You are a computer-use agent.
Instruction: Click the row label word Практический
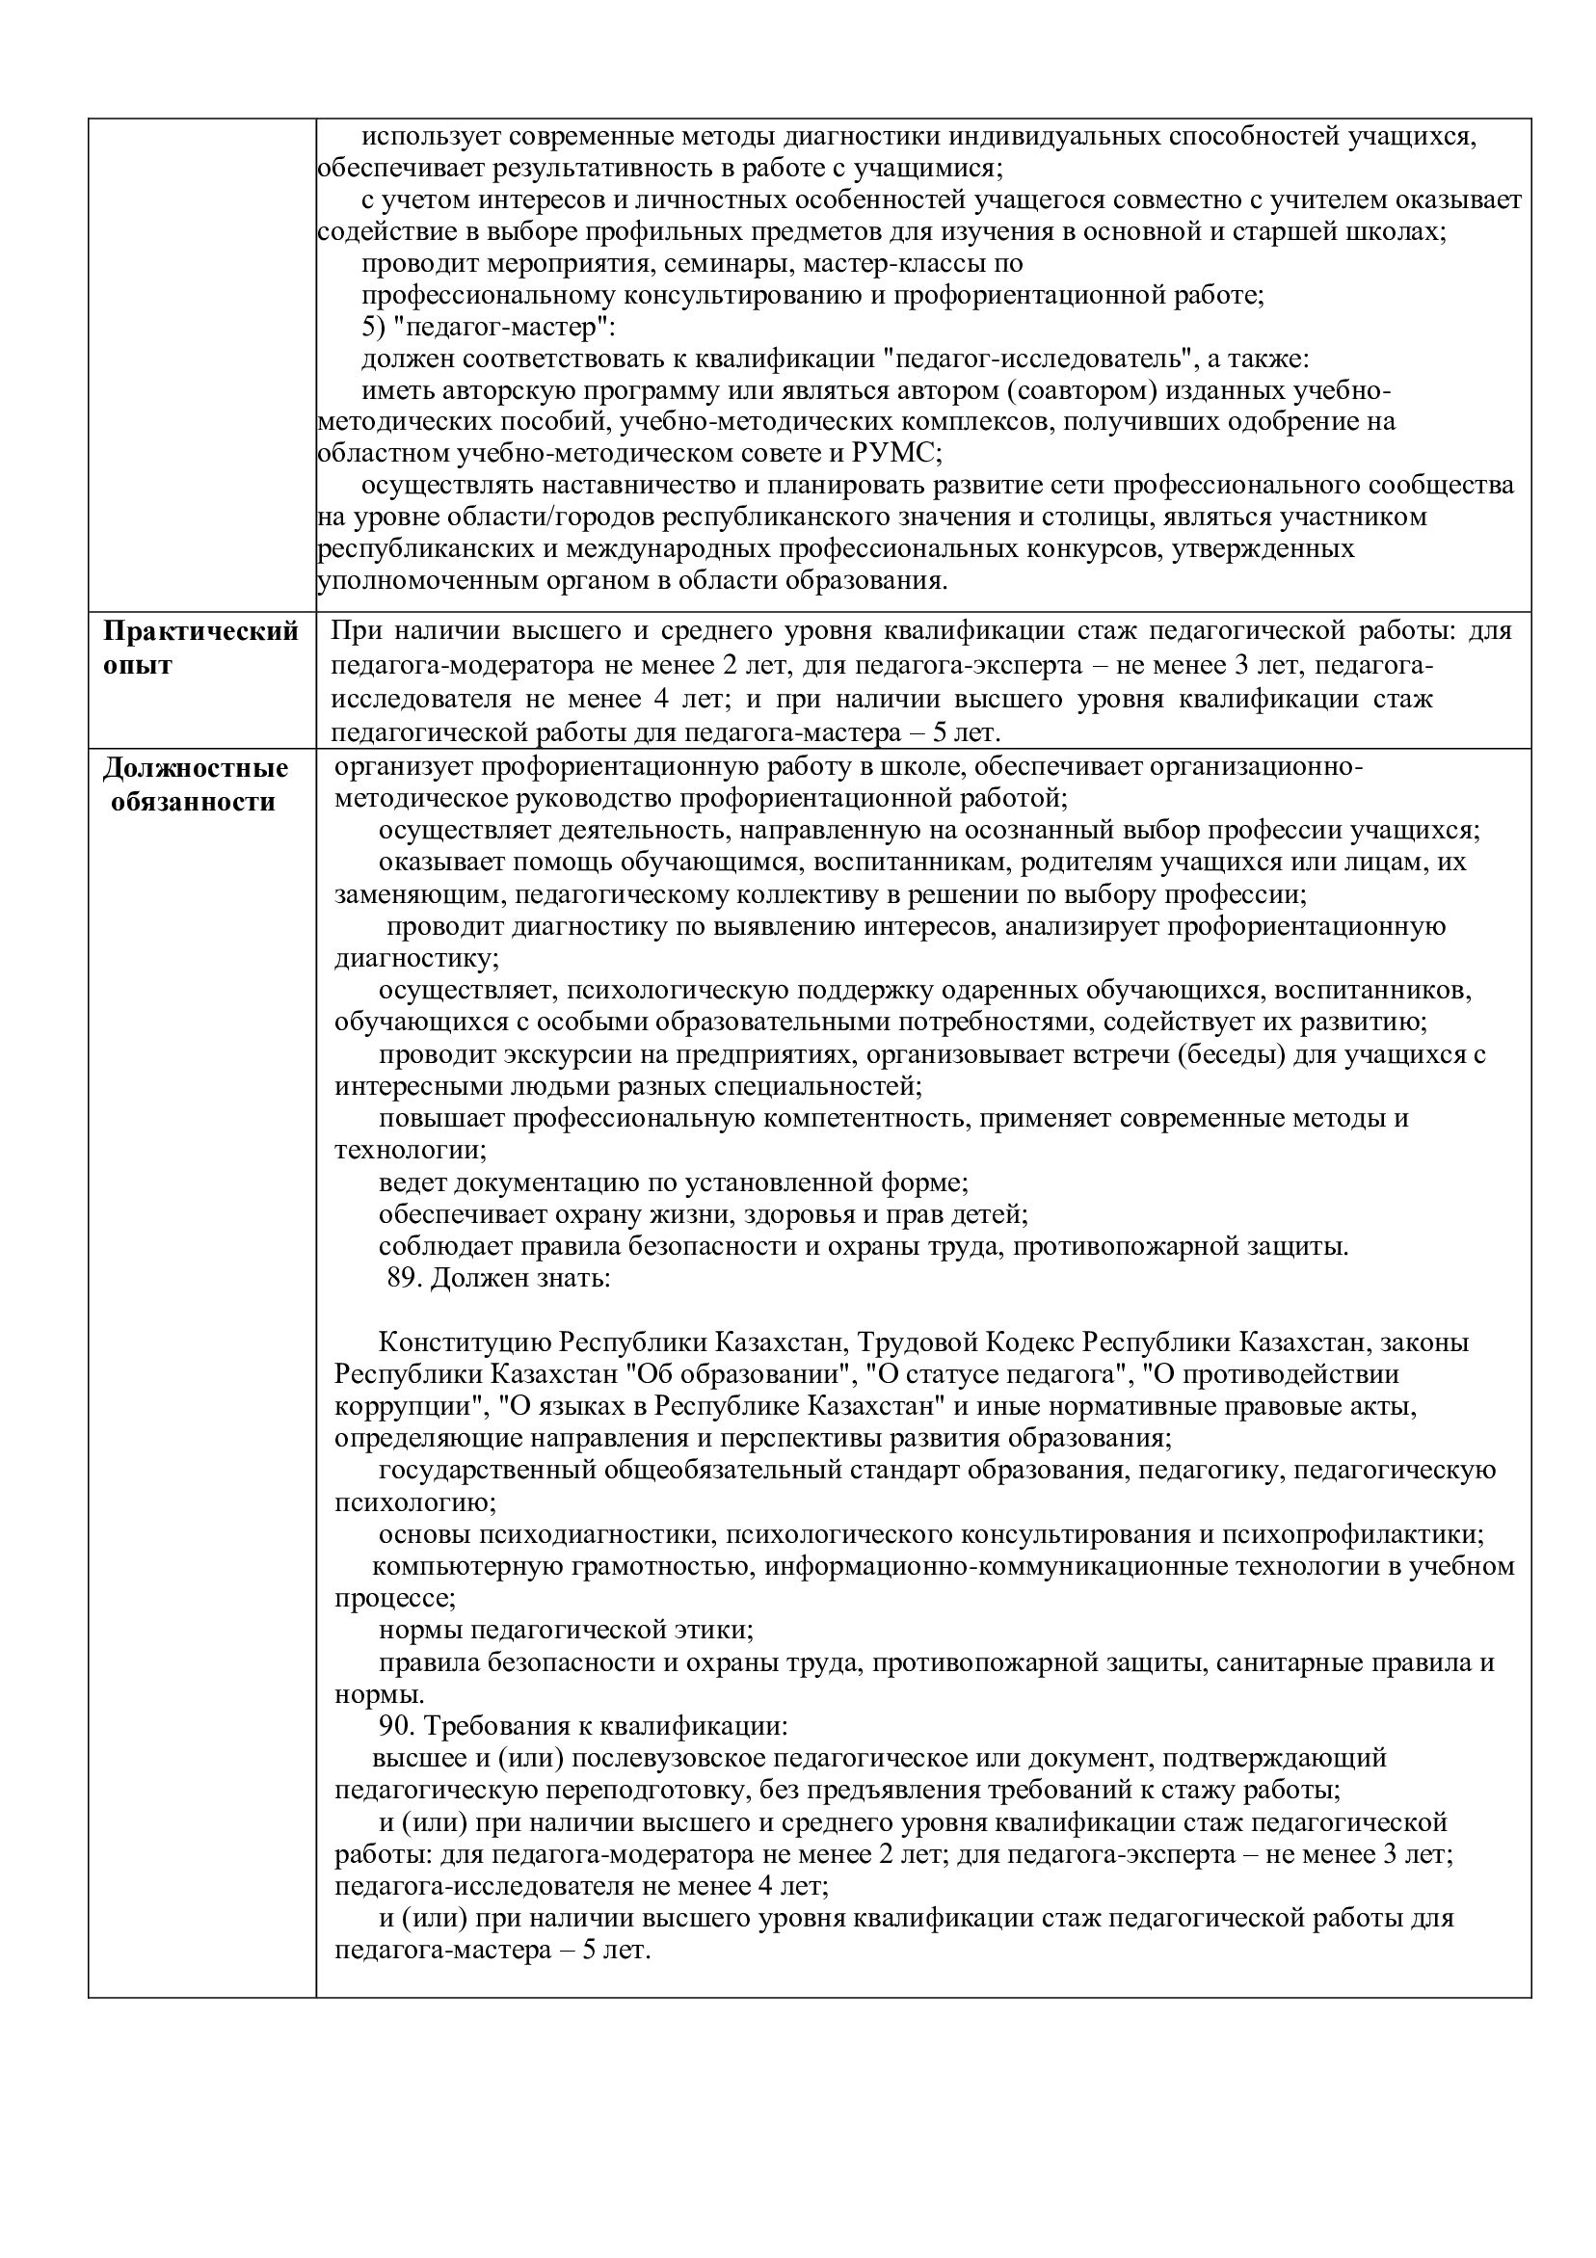pyautogui.click(x=200, y=631)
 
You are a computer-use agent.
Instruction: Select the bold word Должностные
pyautogui.click(x=196, y=768)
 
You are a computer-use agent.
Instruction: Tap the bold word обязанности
pyautogui.click(x=193, y=802)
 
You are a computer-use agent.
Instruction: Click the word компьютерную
pyautogui.click(x=459, y=1567)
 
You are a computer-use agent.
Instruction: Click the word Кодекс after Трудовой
pyautogui.click(x=1027, y=1342)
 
